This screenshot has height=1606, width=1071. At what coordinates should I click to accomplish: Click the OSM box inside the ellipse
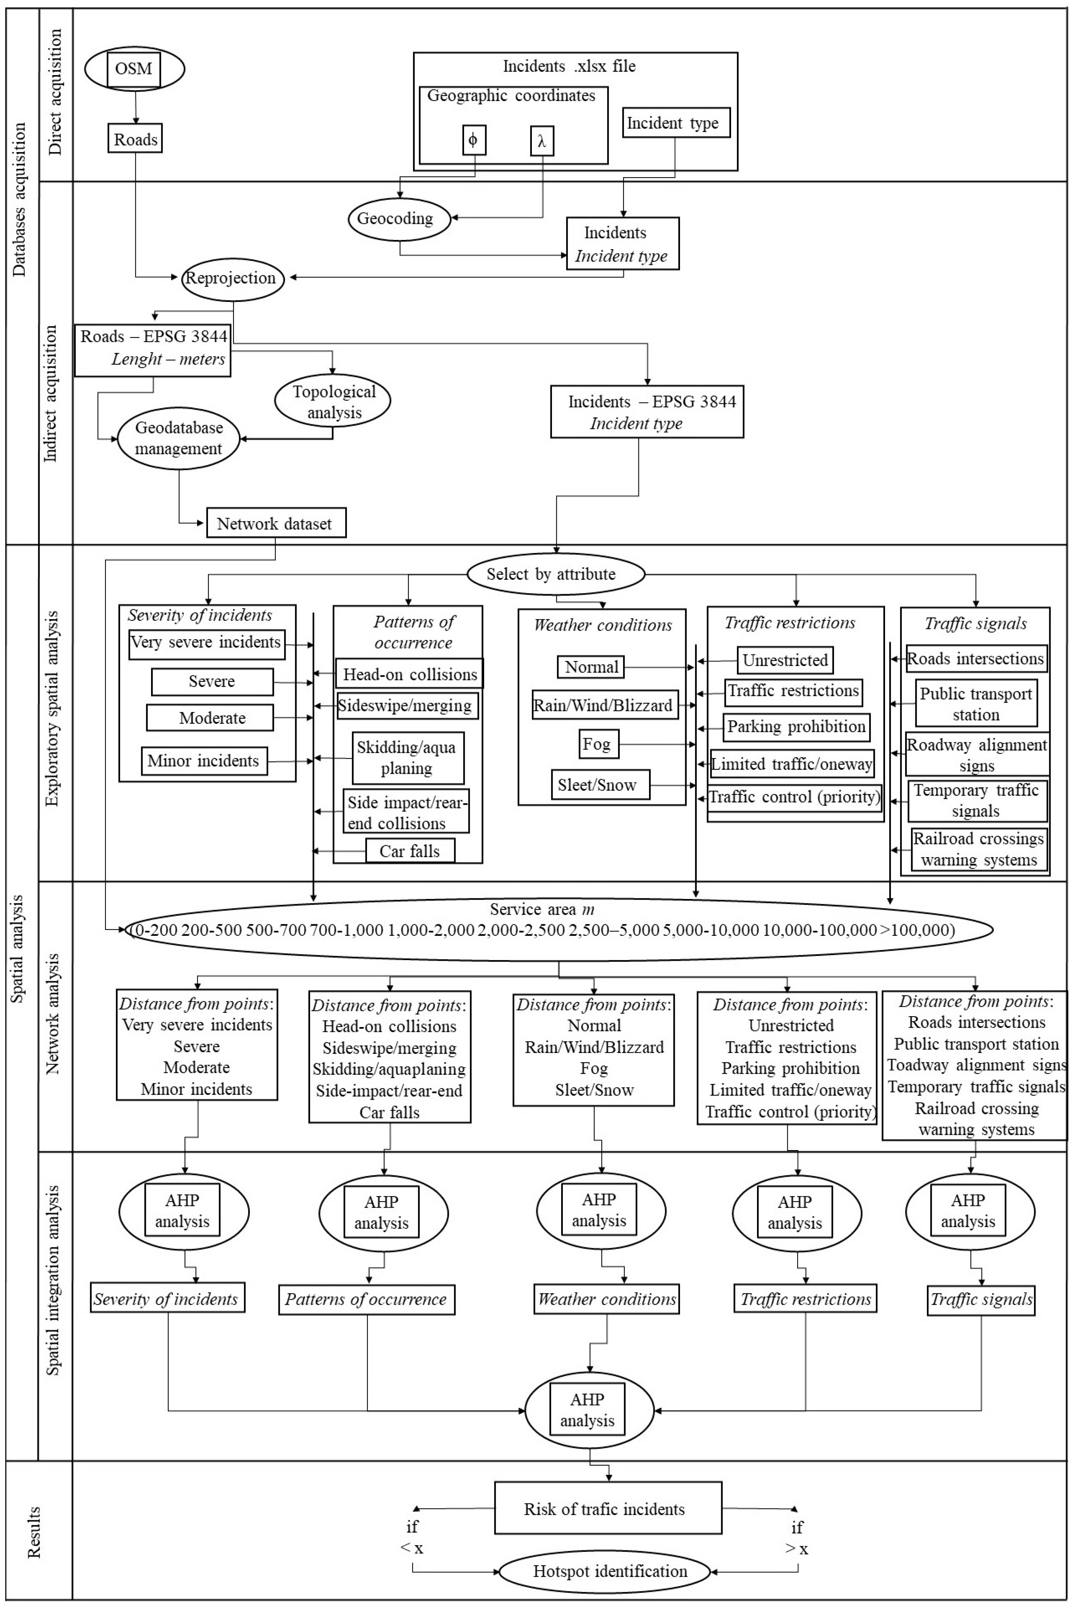(134, 69)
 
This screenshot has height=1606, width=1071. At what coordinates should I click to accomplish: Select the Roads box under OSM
(135, 139)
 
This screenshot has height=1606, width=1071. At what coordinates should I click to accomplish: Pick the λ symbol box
(542, 142)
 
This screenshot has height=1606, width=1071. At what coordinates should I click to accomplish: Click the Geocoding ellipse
(400, 219)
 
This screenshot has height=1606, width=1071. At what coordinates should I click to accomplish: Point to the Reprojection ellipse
(232, 278)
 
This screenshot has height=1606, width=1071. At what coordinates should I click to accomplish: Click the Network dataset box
(276, 523)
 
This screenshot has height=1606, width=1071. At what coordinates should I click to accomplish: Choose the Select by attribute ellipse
(555, 574)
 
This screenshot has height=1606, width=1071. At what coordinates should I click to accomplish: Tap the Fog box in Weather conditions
(597, 744)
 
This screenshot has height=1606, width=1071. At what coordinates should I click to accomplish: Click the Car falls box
(410, 851)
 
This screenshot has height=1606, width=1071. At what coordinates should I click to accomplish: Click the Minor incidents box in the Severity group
(203, 761)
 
